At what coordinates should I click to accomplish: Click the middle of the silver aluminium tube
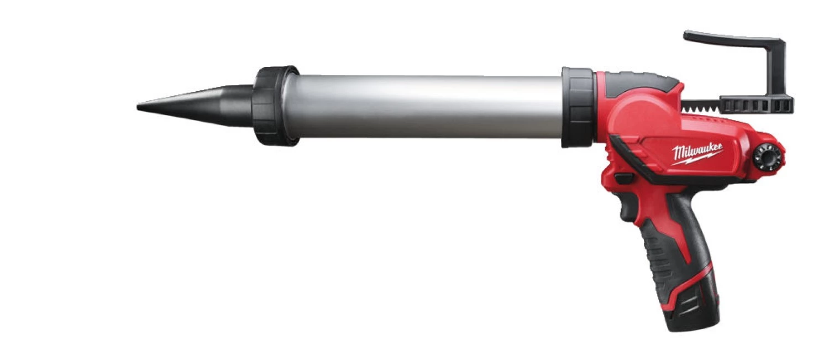tap(426, 107)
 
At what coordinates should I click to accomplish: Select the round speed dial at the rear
tap(767, 155)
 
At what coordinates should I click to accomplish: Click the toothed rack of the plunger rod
tap(702, 104)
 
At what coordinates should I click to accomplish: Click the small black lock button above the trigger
tap(624, 179)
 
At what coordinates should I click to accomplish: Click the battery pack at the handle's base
tap(691, 299)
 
